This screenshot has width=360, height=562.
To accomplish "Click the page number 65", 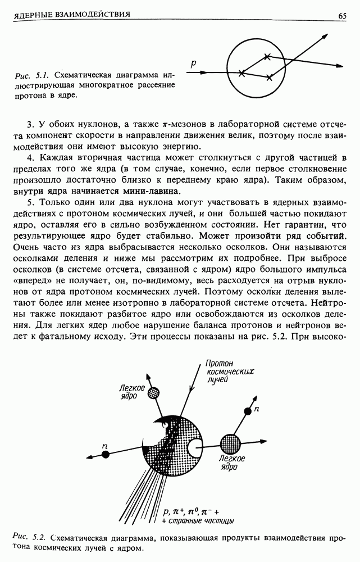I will pyautogui.click(x=342, y=16).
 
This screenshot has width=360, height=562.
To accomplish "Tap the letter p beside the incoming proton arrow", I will pyautogui.click(x=193, y=65).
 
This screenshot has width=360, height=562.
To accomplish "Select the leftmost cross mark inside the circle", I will pyautogui.click(x=241, y=73).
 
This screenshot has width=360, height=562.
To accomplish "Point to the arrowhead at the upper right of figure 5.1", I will pyautogui.click(x=325, y=37).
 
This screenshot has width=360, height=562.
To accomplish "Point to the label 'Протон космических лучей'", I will pyautogui.click(x=224, y=371).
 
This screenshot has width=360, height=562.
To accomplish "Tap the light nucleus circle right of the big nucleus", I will pyautogui.click(x=230, y=442).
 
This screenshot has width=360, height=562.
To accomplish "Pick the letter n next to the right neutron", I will pyautogui.click(x=256, y=410).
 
